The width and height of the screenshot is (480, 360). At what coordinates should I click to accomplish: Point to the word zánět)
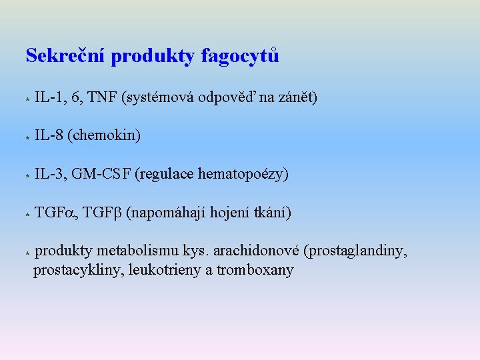298,99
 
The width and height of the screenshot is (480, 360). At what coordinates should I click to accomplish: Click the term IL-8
49,136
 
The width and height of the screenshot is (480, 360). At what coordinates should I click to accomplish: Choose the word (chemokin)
104,136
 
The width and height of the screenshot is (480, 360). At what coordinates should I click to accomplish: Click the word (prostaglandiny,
355,251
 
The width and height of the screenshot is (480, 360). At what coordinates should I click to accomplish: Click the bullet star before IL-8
26,137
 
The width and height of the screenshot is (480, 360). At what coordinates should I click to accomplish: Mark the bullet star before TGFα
26,215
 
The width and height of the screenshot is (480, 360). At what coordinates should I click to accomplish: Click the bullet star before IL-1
26,99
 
